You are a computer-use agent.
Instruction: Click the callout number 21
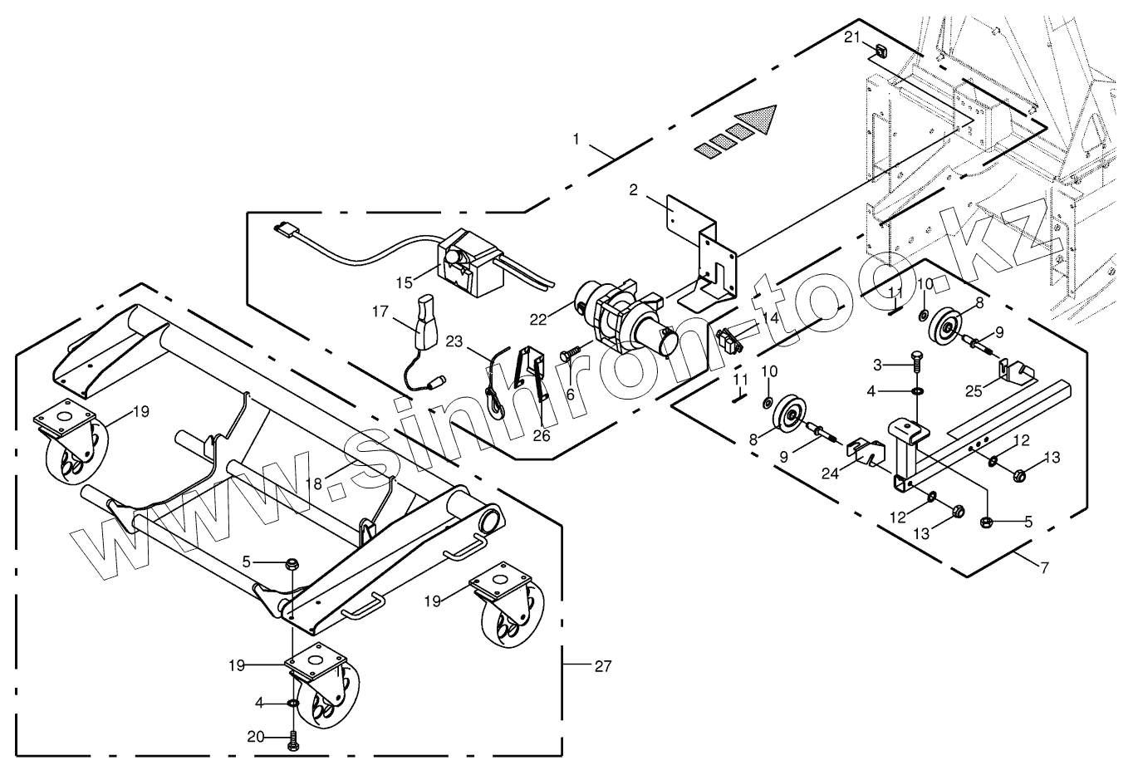[x=853, y=37]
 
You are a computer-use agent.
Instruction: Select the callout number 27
[x=603, y=665]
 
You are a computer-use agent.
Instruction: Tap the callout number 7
[x=1044, y=569]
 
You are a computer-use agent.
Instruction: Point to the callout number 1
[x=576, y=139]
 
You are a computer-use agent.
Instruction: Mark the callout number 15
[x=405, y=282]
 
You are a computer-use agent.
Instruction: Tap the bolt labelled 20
[x=292, y=740]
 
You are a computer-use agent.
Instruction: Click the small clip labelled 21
[x=878, y=52]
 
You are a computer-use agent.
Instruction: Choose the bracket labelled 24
[x=869, y=454]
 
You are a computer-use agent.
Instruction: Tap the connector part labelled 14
[x=728, y=341]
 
